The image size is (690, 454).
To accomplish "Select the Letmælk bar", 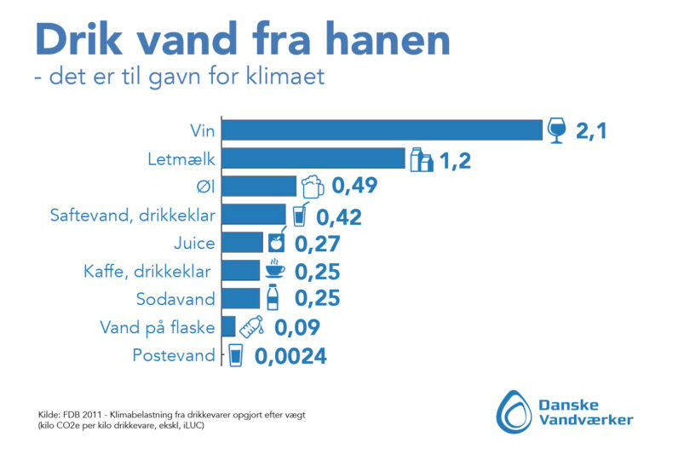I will pos(313,158).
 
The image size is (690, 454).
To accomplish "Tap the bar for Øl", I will pos(259,187).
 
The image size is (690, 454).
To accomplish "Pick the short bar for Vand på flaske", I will pos(228,326).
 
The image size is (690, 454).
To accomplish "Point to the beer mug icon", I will pos(313,187).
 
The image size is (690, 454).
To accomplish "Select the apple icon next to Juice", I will pos(276,242).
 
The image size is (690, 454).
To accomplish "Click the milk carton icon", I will pos(422,159).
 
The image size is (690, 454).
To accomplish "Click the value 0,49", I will pos(354,187).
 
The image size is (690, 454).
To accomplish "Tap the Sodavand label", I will pos(176,299).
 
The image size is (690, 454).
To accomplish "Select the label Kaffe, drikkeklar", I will pos(149,271).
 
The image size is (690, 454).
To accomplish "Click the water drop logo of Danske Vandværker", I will pos(512,410).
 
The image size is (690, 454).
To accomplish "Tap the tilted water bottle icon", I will pos(250,326).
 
